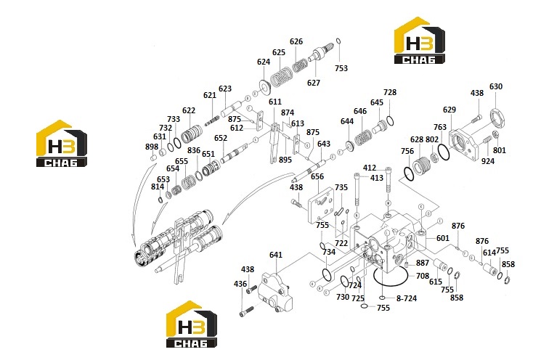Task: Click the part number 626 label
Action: point(296,41)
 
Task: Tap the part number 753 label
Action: point(341,68)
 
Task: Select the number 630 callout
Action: point(496,86)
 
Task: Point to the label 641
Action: point(276,255)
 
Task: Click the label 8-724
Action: point(407,298)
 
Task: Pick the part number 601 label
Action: point(442,238)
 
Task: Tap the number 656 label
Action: point(317,176)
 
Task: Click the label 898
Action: point(152,147)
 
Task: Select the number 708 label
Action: point(423,276)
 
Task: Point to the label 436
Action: point(240,284)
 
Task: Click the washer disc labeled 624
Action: point(264,88)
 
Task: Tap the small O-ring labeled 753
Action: point(338,41)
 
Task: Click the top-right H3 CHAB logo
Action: point(420,40)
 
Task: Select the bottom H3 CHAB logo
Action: point(192,324)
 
